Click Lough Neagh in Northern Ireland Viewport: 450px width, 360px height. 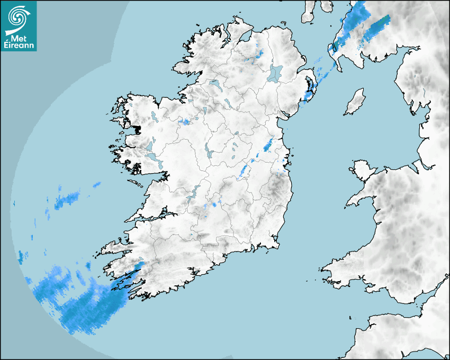coord(275,73)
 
